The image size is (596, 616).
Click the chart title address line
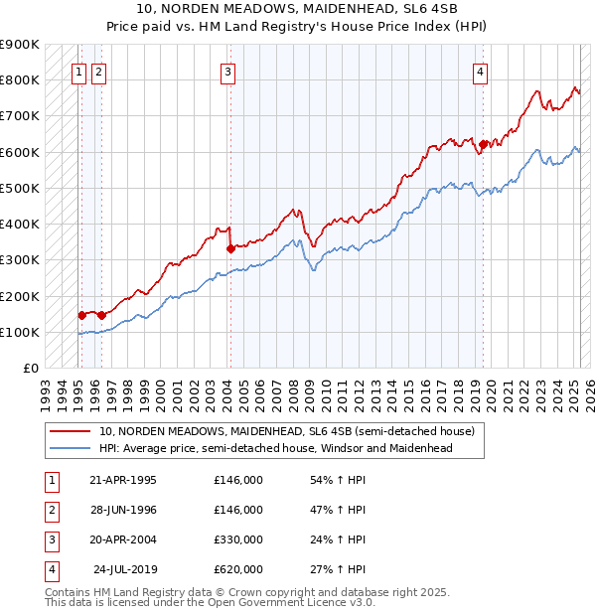pyautogui.click(x=298, y=10)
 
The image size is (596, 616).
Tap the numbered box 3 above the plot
pyautogui.click(x=228, y=72)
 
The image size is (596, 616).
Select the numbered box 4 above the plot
pyautogui.click(x=480, y=72)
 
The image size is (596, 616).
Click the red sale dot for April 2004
pyautogui.click(x=230, y=248)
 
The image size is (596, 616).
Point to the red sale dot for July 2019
pyautogui.click(x=483, y=144)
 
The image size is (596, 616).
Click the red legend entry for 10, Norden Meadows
pyautogui.click(x=287, y=432)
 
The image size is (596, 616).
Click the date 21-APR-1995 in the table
pyautogui.click(x=123, y=480)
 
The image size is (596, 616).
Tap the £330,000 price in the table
pyautogui.click(x=238, y=539)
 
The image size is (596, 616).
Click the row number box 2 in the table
pyautogui.click(x=50, y=510)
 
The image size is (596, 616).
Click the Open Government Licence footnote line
pyautogui.click(x=210, y=602)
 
